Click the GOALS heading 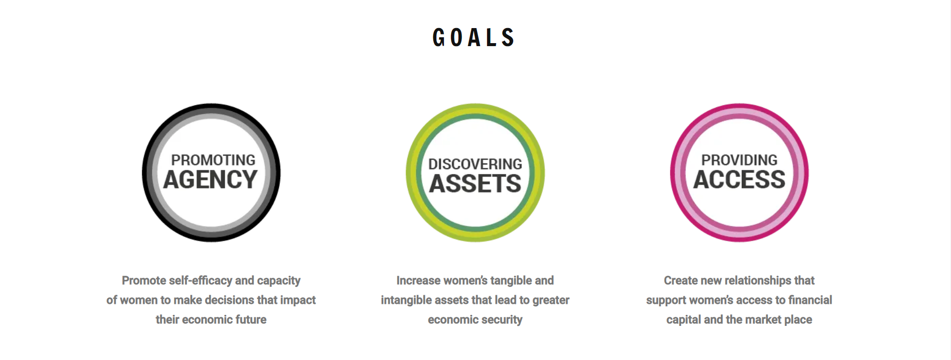(x=474, y=38)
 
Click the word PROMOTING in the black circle (x=213, y=160)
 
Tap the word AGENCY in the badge (x=211, y=179)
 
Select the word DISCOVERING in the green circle (x=475, y=164)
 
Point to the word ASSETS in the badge (x=475, y=184)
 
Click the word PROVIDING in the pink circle (x=739, y=160)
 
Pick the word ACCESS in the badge (x=739, y=179)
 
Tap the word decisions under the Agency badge (x=227, y=300)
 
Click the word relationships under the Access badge (x=757, y=281)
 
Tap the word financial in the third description (x=810, y=300)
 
